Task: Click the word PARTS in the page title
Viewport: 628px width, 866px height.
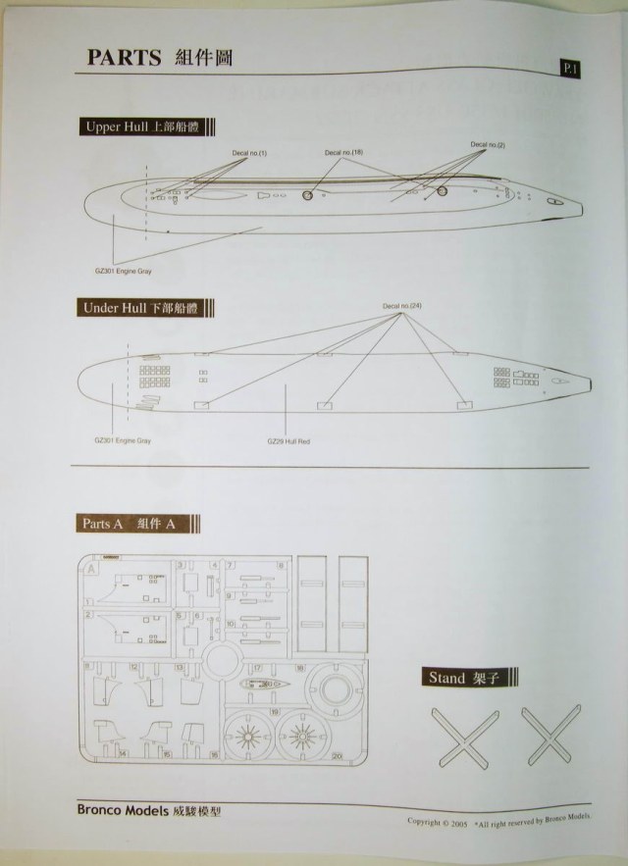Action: [124, 58]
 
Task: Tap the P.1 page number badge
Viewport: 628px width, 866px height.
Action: [569, 68]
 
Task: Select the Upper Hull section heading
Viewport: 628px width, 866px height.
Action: [148, 127]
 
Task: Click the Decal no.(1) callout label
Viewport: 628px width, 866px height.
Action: [249, 154]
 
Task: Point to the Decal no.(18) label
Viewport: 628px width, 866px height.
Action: [343, 153]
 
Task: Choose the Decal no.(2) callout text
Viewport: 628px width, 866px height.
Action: [488, 145]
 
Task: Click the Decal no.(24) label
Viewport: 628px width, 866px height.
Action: [402, 308]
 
